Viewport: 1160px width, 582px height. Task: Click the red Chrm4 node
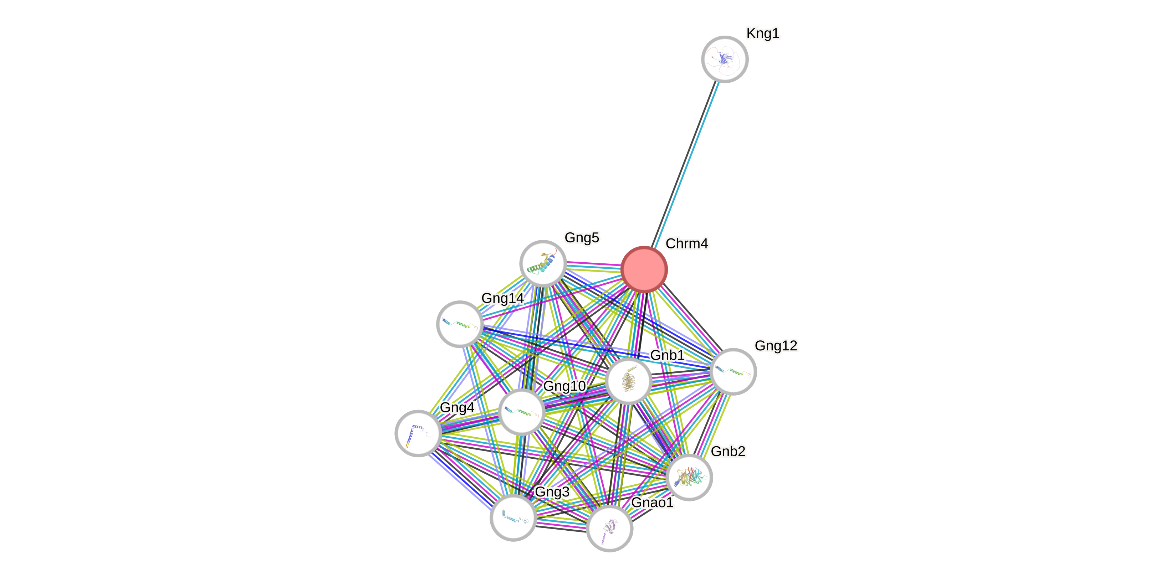click(x=644, y=269)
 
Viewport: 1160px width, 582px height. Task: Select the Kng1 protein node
click(x=725, y=59)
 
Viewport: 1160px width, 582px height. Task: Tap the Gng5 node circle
click(x=543, y=263)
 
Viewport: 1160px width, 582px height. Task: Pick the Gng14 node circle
click(x=460, y=324)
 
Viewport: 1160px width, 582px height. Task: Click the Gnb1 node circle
click(x=628, y=381)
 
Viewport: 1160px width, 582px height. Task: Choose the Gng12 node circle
click(x=733, y=371)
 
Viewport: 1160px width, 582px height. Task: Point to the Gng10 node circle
click(x=521, y=411)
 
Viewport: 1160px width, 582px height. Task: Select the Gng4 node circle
click(x=418, y=433)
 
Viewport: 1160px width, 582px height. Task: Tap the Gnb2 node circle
click(x=689, y=477)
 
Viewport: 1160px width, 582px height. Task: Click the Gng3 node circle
click(x=513, y=517)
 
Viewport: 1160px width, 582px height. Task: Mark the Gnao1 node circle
click(x=609, y=528)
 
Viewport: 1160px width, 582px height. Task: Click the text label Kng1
click(x=763, y=33)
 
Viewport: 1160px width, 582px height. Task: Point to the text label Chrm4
click(x=687, y=243)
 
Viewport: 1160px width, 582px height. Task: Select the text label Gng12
click(x=776, y=345)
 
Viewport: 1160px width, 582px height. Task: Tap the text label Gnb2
click(x=728, y=451)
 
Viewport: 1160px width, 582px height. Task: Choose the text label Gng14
click(x=502, y=298)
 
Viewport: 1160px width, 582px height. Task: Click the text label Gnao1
click(x=653, y=502)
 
